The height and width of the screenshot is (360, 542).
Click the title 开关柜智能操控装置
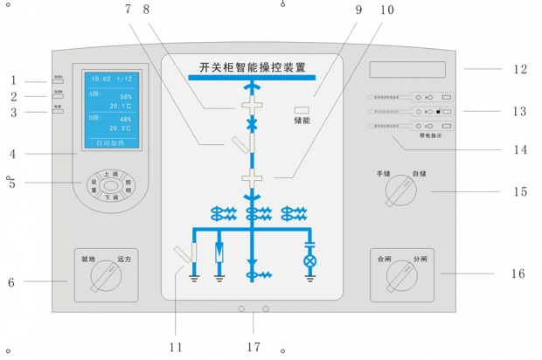click(252, 66)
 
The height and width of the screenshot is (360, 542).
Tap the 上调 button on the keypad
click(111, 175)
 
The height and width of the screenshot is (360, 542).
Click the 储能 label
click(302, 120)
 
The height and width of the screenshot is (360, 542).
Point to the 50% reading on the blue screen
click(126, 96)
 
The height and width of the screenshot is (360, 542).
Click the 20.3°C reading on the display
click(121, 128)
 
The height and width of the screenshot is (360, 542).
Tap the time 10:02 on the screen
click(101, 79)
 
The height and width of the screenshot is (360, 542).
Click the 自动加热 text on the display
click(109, 141)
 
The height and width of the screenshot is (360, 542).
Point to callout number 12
click(520, 68)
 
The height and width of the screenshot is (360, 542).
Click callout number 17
click(253, 348)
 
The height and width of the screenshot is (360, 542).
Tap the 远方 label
click(125, 260)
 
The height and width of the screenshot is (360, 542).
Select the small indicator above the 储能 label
click(302, 107)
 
